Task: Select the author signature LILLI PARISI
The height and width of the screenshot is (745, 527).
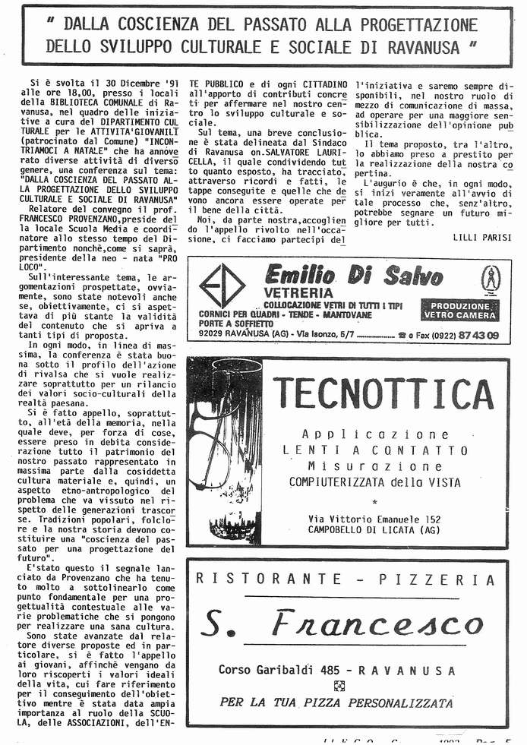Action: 481,237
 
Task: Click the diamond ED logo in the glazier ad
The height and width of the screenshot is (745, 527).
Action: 222,286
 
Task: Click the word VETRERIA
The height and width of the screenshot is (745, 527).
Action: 298,293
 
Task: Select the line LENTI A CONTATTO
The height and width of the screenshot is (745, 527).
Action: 376,450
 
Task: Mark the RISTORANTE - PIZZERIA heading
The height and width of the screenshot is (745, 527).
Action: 345,579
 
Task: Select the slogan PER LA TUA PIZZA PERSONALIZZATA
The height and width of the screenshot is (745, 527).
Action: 336,702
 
